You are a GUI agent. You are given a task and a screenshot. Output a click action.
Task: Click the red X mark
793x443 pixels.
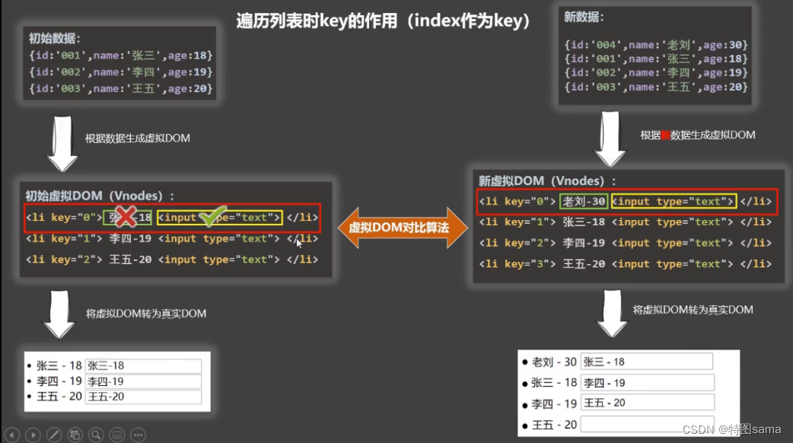tap(126, 217)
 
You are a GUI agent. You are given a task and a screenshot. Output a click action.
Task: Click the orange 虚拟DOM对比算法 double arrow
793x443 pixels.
tap(403, 228)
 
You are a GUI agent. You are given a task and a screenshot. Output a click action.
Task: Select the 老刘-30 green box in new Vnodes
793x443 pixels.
tap(583, 202)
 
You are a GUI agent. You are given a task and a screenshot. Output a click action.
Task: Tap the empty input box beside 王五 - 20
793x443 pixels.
tap(646, 424)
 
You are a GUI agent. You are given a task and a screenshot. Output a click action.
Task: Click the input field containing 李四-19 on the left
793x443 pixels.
tap(142, 381)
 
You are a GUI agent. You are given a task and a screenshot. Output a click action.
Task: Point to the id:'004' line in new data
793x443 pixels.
tap(656, 45)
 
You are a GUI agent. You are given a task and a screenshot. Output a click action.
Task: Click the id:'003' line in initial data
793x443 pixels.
tap(120, 89)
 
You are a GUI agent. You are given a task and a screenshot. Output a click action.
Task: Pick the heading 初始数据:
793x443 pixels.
tap(54, 38)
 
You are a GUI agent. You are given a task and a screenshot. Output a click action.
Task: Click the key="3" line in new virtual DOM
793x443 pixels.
tap(625, 264)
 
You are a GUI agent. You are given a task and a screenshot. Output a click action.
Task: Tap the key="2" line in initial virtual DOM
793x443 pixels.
tap(171, 260)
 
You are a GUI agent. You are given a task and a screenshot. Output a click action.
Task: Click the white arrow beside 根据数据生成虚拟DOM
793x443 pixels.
tap(63, 145)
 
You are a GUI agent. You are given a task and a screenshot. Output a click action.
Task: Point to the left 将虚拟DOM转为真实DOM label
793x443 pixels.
tap(146, 314)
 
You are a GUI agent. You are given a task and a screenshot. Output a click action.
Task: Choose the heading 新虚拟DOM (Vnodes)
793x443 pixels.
tap(546, 181)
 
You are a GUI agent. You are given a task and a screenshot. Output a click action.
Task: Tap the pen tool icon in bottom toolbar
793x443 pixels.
tap(53, 435)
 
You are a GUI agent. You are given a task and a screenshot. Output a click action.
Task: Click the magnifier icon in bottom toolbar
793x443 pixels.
tap(96, 435)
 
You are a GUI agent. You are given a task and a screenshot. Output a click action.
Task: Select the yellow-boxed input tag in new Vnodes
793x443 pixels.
tap(674, 202)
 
